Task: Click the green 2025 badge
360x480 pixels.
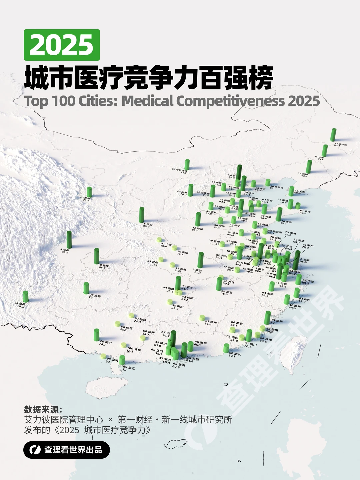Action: pyautogui.click(x=62, y=45)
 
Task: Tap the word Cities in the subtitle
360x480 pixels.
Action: pyautogui.click(x=97, y=101)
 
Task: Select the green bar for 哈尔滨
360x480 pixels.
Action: pyautogui.click(x=333, y=135)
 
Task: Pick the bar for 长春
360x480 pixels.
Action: pyautogui.click(x=324, y=151)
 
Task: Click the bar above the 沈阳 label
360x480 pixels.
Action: pyautogui.click(x=309, y=167)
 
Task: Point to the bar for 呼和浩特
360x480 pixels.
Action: pyautogui.click(x=187, y=165)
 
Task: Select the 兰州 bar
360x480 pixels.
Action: pyautogui.click(x=89, y=192)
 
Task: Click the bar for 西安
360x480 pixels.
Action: pyautogui.click(x=142, y=215)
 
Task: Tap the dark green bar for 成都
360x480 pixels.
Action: pyautogui.click(x=69, y=239)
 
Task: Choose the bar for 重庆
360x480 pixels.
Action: pyautogui.click(x=97, y=256)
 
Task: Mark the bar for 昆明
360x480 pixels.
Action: pyautogui.click(x=26, y=296)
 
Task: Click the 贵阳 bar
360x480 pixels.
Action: pyautogui.click(x=86, y=288)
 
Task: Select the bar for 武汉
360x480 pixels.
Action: pyautogui.click(x=200, y=260)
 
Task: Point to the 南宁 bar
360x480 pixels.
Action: pyautogui.click(x=96, y=335)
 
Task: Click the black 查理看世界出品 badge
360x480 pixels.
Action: pyautogui.click(x=67, y=450)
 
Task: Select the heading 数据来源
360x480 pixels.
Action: pyautogui.click(x=43, y=409)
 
